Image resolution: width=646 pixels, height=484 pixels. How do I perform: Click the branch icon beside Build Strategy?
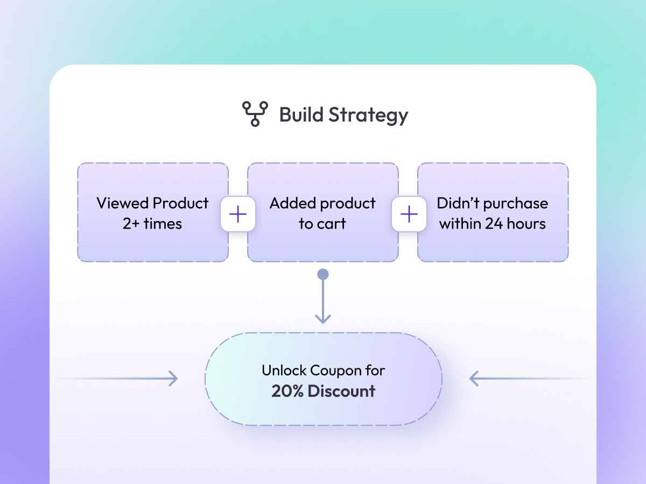255,114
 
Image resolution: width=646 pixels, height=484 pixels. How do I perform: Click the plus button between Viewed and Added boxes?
237,214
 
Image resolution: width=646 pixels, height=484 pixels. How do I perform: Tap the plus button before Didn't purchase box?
409,214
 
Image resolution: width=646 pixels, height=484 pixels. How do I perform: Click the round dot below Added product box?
323,275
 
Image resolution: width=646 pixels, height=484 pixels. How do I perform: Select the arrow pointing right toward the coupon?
171,379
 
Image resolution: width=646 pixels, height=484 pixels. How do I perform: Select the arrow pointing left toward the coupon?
475,379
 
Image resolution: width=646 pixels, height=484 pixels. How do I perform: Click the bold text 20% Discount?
323,391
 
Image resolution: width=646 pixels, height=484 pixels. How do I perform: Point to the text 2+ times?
152,224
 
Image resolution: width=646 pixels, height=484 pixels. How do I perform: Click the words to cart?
322,224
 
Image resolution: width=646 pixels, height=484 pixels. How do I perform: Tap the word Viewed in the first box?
122,203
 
